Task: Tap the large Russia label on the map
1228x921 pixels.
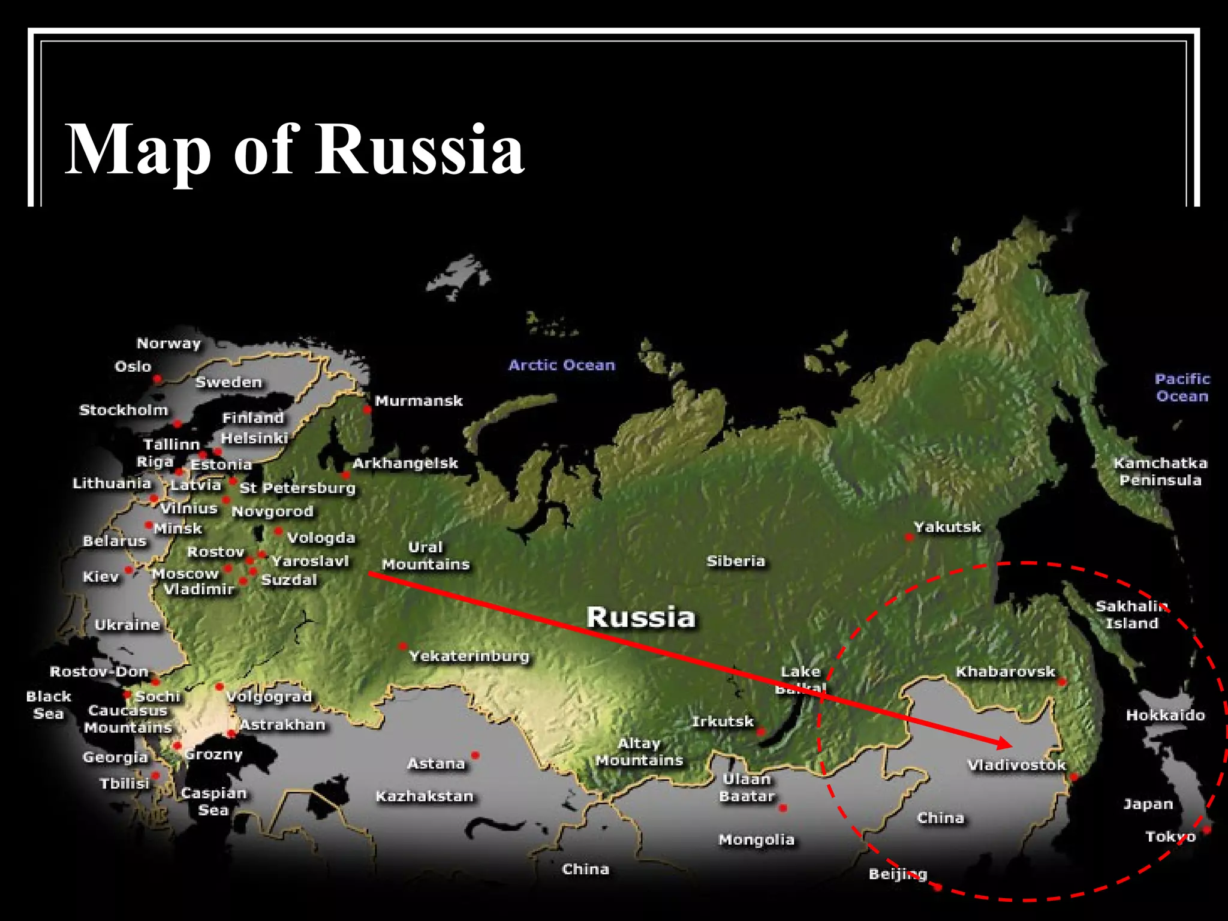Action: (x=640, y=617)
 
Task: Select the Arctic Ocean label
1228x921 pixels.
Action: (x=562, y=365)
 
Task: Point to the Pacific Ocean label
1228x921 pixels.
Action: (x=1182, y=387)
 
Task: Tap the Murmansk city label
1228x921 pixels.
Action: (x=419, y=401)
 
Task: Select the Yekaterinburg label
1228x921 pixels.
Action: (x=469, y=656)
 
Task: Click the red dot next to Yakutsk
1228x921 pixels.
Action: (x=910, y=537)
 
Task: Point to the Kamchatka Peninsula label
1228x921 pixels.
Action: (x=1160, y=471)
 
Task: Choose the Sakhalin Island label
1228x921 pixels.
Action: (x=1131, y=614)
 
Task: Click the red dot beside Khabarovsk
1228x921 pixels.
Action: (x=1062, y=682)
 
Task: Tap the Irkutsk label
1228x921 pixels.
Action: (x=722, y=721)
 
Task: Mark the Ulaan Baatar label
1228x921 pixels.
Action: (x=747, y=787)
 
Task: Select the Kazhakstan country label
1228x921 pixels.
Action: (x=425, y=796)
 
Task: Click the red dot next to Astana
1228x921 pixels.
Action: (x=475, y=755)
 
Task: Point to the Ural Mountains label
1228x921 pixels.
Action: (x=426, y=556)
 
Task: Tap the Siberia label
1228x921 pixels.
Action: (x=736, y=561)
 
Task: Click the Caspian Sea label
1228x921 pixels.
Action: (x=213, y=801)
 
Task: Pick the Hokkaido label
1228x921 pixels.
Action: (x=1165, y=715)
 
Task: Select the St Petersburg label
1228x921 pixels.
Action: (x=297, y=488)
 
